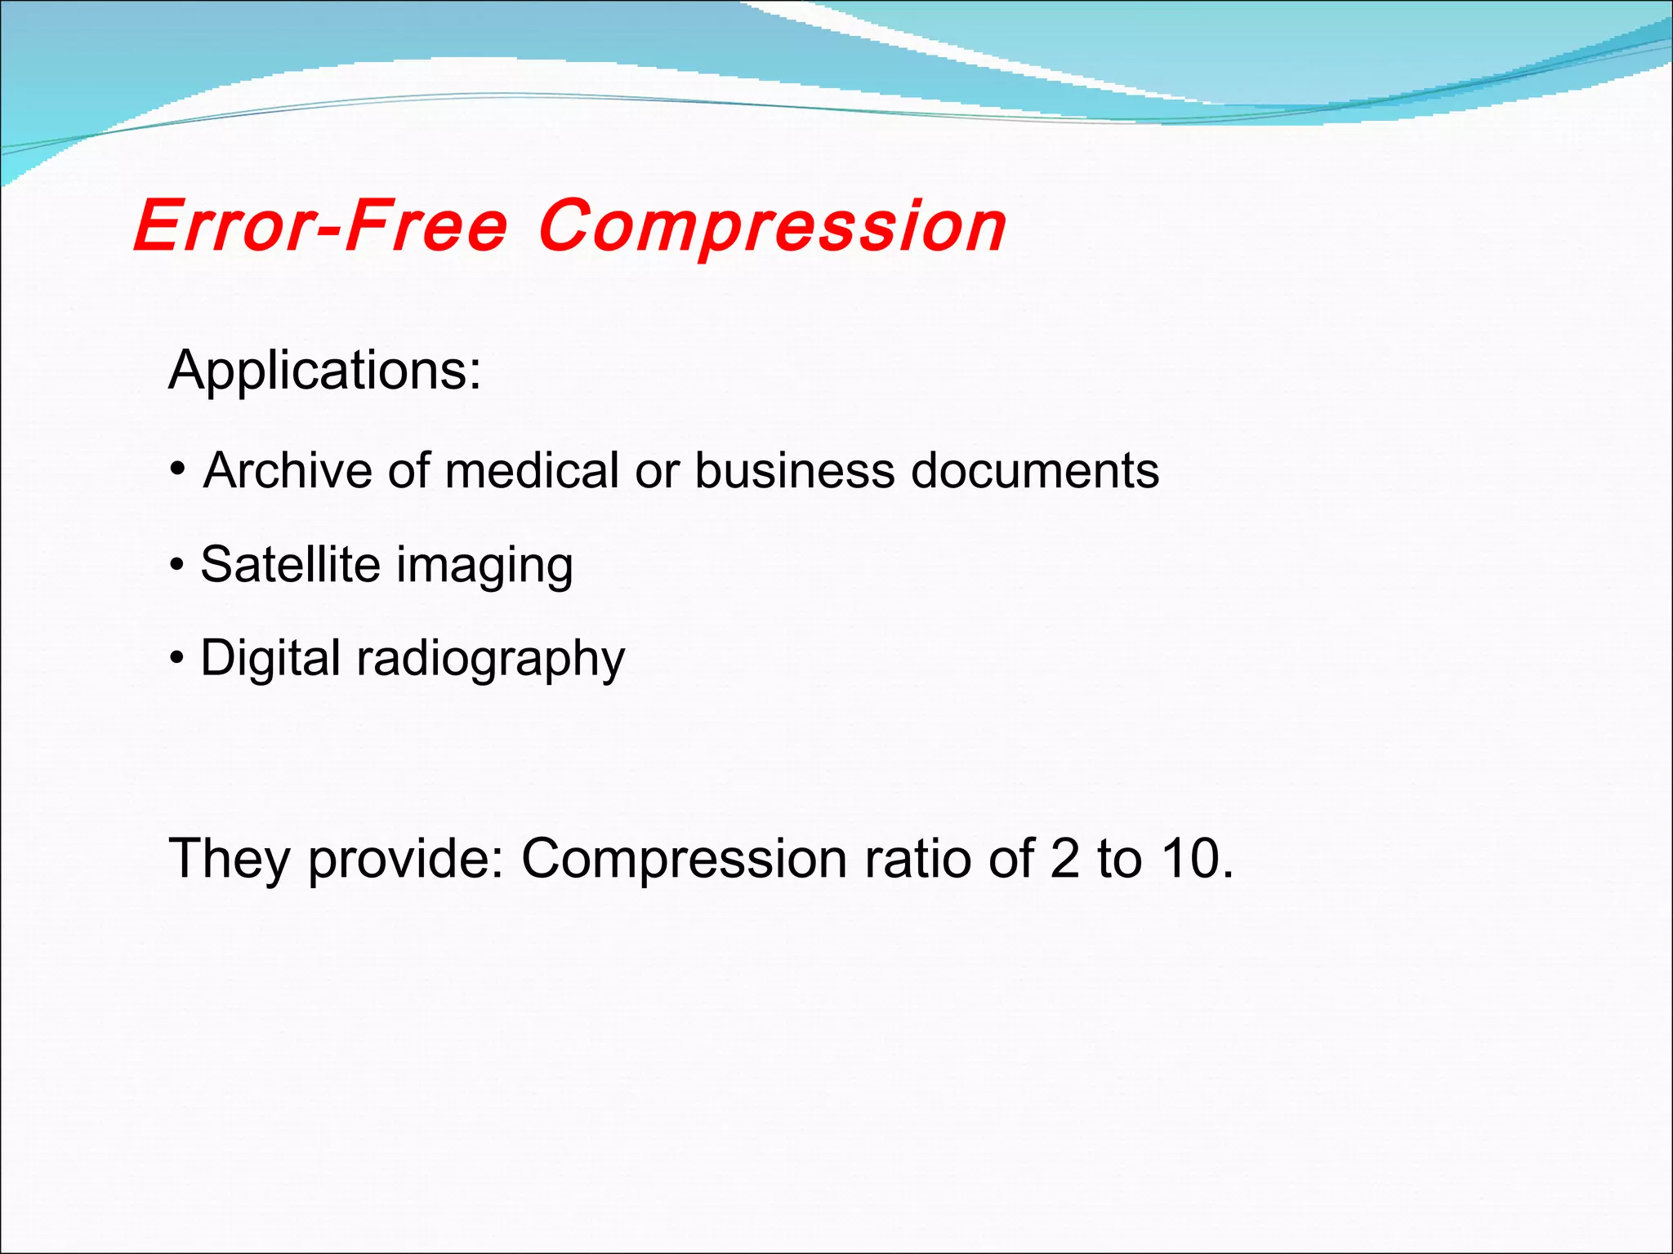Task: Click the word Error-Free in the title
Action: pos(320,226)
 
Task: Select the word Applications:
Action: pos(324,371)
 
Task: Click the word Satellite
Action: pos(290,564)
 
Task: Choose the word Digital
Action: pos(270,658)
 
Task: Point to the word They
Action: pos(229,860)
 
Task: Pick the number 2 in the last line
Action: pos(1064,860)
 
